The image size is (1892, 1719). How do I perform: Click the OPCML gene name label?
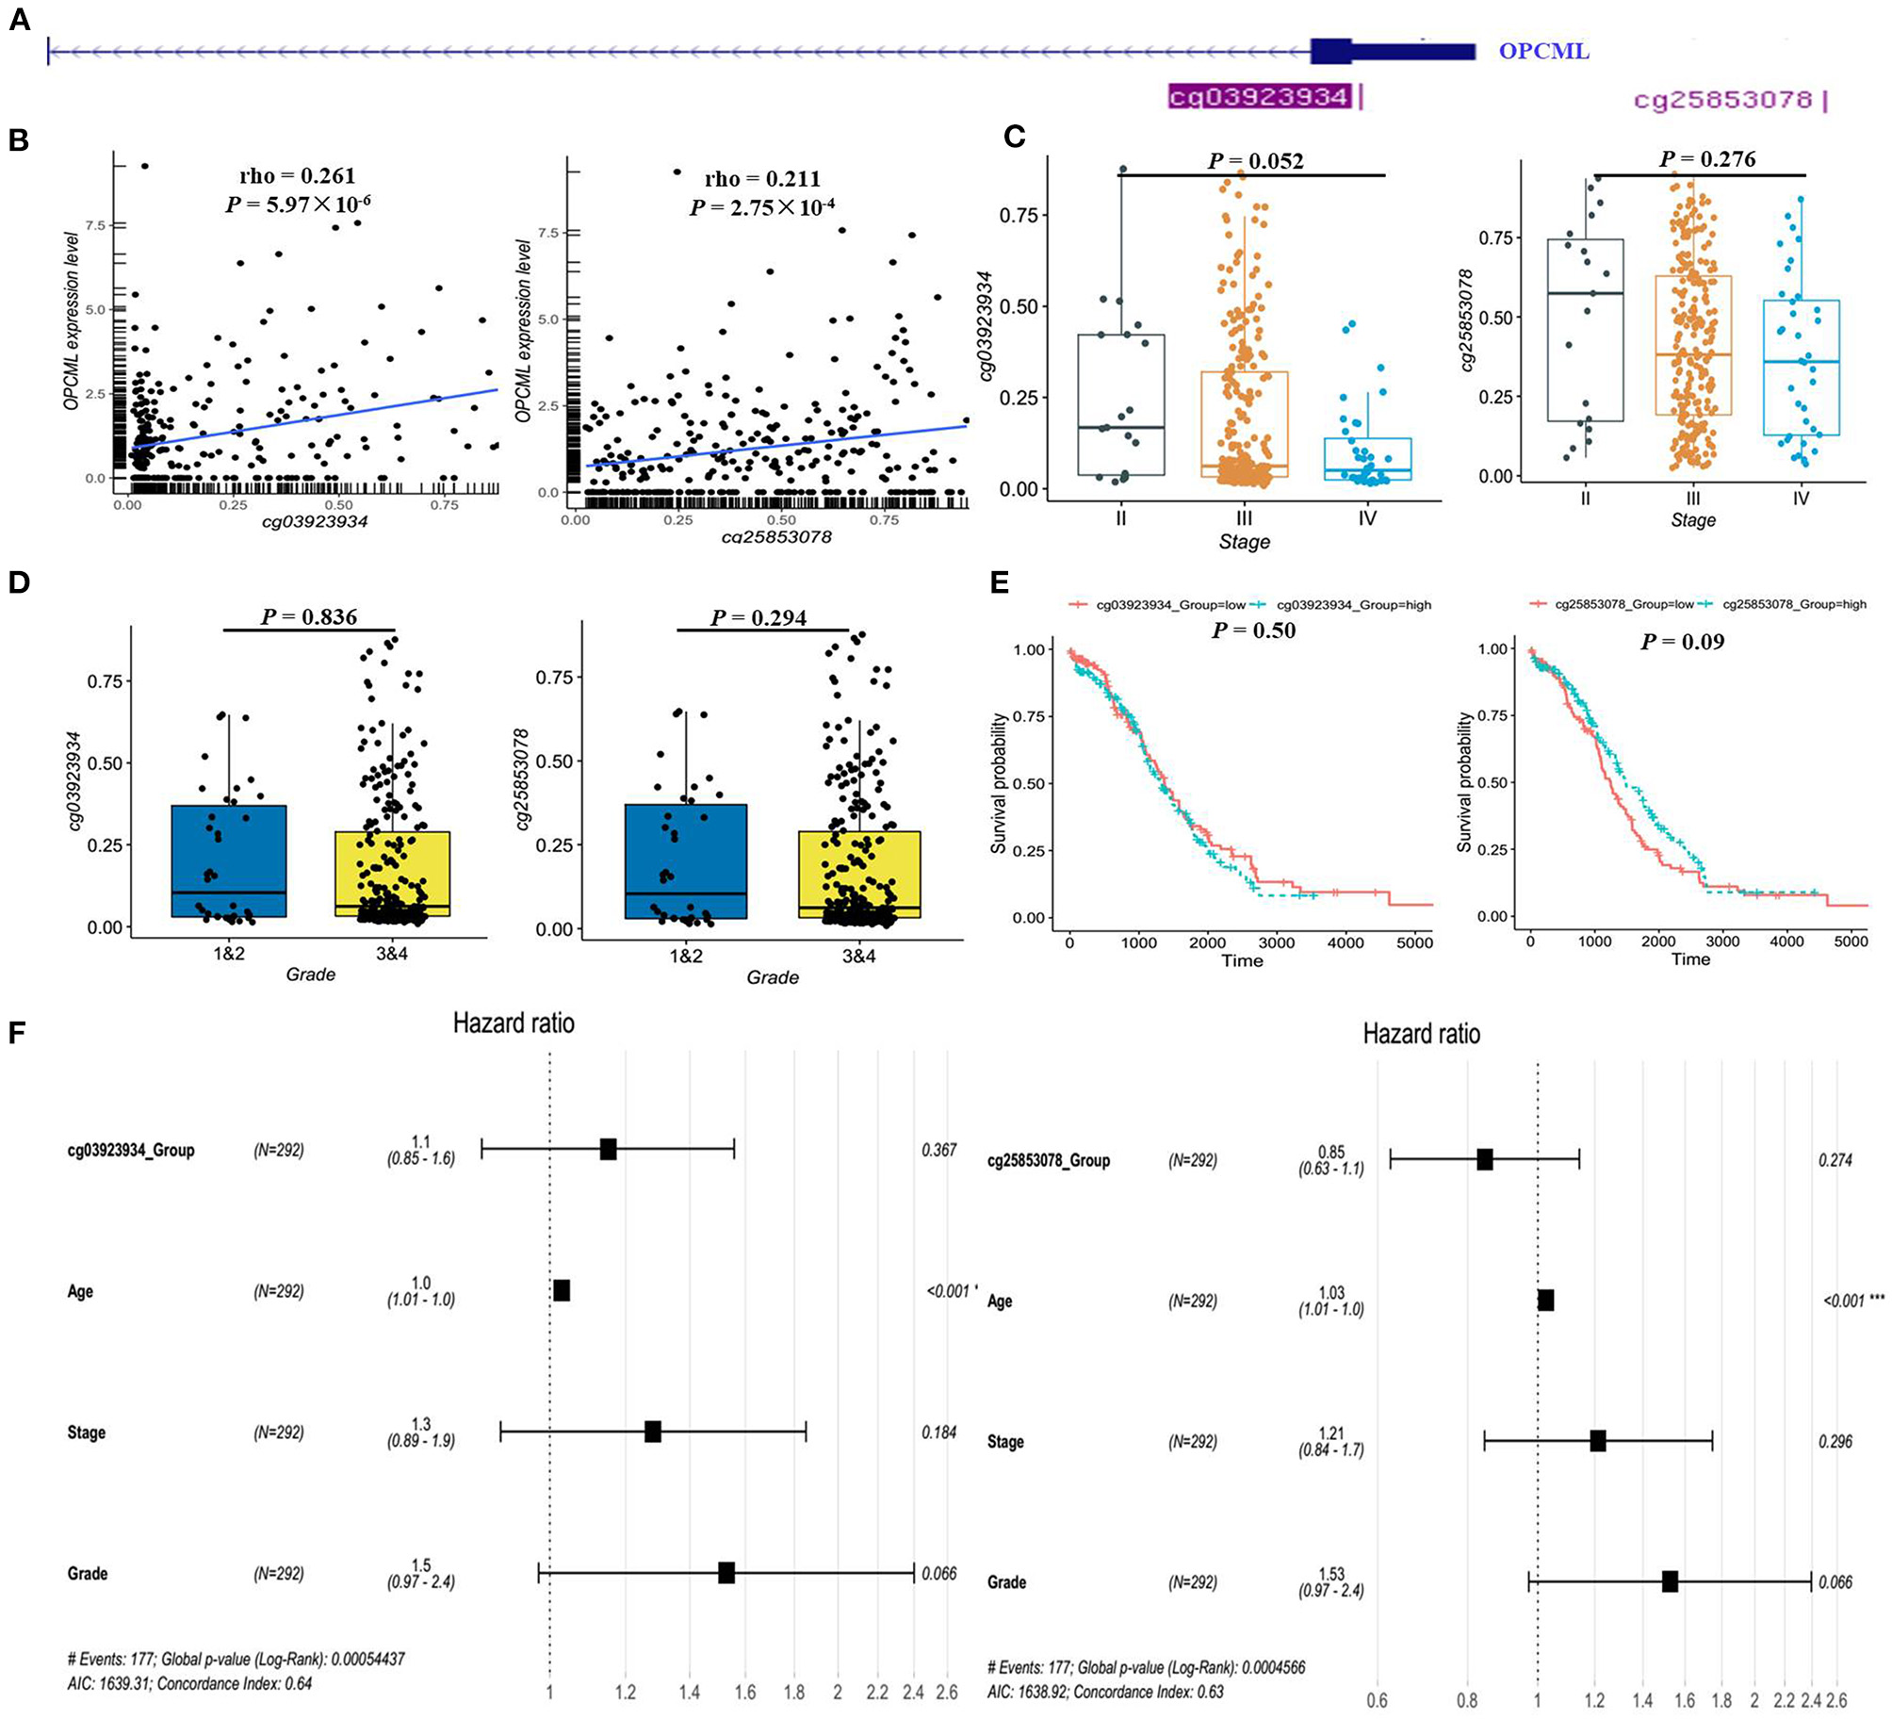[1543, 51]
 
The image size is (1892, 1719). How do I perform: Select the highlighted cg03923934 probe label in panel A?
[1259, 96]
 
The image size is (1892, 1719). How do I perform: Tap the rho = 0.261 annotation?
[297, 175]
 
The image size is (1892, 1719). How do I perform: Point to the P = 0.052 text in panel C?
[1255, 161]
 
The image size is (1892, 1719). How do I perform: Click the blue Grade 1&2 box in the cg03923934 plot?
[229, 860]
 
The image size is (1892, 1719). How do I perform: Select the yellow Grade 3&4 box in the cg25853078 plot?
[859, 874]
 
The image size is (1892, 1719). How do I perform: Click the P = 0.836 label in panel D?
[309, 617]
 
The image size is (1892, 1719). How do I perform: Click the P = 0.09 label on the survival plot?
[1682, 642]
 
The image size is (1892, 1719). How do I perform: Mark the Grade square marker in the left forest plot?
[726, 1573]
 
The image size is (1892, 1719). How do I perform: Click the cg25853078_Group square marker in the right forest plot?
[1485, 1160]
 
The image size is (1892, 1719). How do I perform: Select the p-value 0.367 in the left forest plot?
[938, 1150]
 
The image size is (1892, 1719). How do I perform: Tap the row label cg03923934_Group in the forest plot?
[131, 1150]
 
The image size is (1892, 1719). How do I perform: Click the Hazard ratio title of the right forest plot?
[1421, 1035]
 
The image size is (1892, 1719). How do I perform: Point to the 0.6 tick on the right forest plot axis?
[1378, 1701]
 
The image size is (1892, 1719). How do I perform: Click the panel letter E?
[999, 582]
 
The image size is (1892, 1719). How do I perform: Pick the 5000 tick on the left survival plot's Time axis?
[1414, 942]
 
